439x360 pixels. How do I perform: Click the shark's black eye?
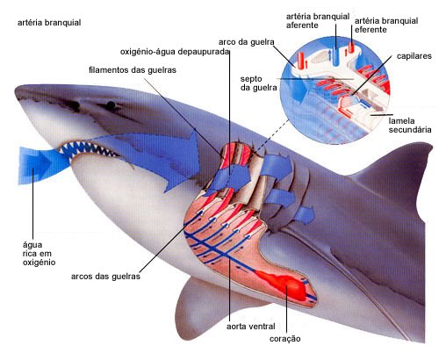[111, 105]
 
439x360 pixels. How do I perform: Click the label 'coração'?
[284, 339]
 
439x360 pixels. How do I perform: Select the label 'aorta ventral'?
[251, 326]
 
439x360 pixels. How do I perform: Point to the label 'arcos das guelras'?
[105, 277]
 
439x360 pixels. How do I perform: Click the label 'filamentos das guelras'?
[133, 70]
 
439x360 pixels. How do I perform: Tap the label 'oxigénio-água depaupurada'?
[175, 52]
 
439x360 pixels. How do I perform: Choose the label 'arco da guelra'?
[247, 42]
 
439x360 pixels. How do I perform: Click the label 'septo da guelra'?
[258, 83]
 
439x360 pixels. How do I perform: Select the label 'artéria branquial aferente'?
[318, 21]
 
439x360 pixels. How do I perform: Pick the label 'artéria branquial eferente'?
[386, 25]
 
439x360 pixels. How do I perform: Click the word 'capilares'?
[414, 56]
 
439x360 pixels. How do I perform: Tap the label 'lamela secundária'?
[410, 126]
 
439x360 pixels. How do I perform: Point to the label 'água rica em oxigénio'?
[39, 254]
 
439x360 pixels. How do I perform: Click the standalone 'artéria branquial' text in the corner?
[49, 23]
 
